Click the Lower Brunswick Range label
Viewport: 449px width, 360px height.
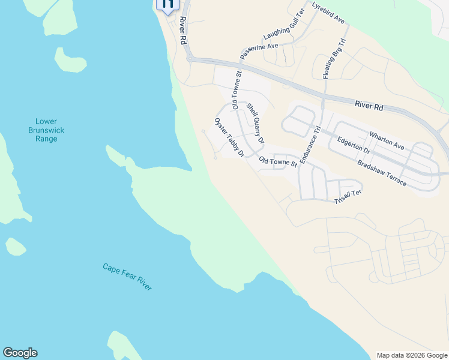click(x=46, y=130)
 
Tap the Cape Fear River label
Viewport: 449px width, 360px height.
click(x=127, y=277)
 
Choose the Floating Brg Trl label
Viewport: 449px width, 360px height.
click(x=334, y=59)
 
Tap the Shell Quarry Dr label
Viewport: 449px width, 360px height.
click(x=255, y=123)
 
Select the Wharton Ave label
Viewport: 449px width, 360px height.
click(x=387, y=140)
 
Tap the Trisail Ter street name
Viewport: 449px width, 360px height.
click(x=348, y=197)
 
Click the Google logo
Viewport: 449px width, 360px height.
click(x=20, y=353)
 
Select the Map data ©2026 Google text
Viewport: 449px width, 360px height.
click(x=412, y=355)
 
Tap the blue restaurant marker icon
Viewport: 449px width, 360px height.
click(x=166, y=4)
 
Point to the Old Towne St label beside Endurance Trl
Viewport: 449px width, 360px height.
click(x=278, y=161)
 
